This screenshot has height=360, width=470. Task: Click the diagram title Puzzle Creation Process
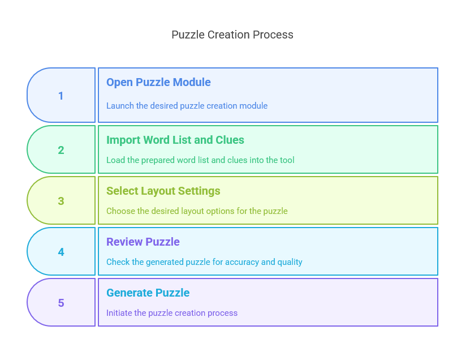(232, 35)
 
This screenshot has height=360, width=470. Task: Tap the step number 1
(61, 96)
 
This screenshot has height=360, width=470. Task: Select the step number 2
(61, 150)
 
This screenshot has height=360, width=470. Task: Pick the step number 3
(61, 201)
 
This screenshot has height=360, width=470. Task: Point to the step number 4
(61, 252)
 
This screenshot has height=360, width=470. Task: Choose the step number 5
(61, 303)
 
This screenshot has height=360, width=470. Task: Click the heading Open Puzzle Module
(158, 83)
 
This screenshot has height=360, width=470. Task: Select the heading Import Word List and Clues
(175, 140)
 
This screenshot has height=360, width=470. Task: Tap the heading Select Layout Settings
(163, 191)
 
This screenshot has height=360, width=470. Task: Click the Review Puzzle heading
(143, 242)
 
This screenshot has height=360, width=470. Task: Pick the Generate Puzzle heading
(148, 293)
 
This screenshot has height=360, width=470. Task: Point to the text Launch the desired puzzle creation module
(187, 106)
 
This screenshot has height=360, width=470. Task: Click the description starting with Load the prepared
(201, 160)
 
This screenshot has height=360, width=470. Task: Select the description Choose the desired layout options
(197, 211)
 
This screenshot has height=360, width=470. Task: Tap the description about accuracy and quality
(204, 262)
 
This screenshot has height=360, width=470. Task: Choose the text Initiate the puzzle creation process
(172, 313)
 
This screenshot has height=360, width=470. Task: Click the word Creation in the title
(228, 35)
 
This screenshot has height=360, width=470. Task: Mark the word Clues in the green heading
(230, 140)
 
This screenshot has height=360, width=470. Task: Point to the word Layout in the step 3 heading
(158, 191)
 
